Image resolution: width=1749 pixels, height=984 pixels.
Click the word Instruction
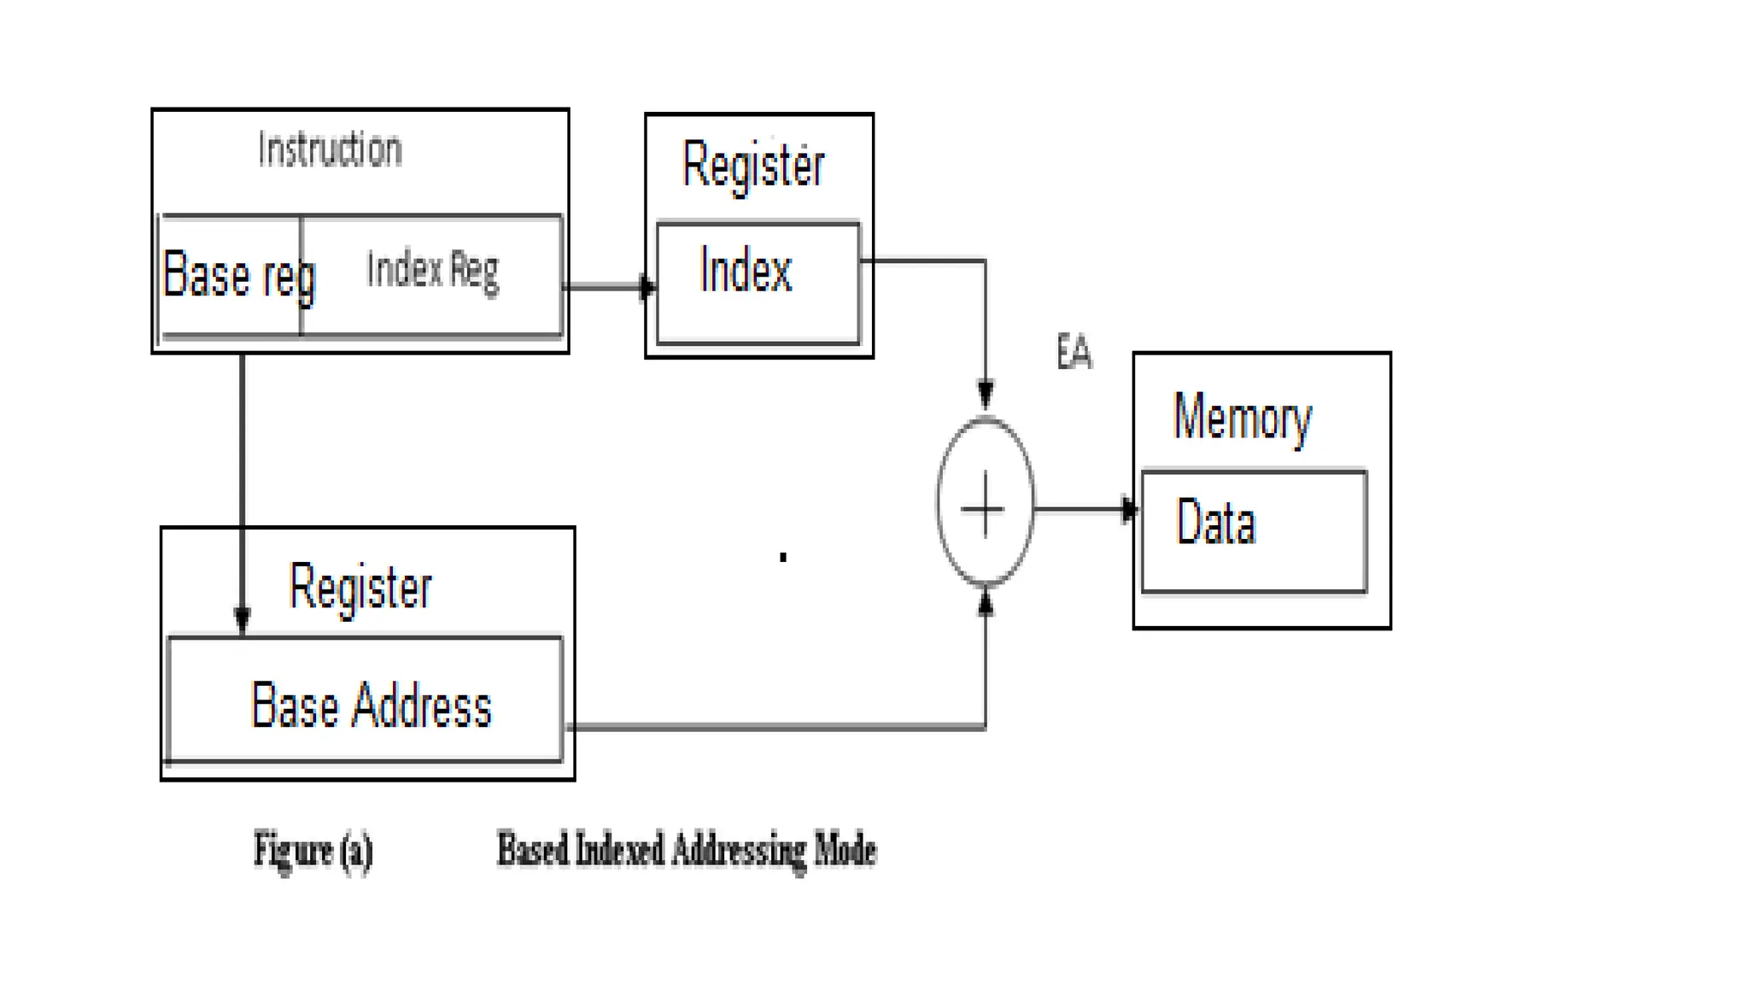(x=330, y=150)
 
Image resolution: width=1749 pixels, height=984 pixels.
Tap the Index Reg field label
(x=432, y=271)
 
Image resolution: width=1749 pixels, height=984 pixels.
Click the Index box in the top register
(x=758, y=282)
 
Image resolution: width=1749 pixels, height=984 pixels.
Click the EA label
(x=1073, y=352)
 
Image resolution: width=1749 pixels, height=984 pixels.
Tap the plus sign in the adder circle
(x=984, y=508)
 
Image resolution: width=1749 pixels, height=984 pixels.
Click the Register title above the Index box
(x=753, y=166)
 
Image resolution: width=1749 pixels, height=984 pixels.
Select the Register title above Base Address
(x=360, y=588)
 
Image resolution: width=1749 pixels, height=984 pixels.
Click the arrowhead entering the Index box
(x=648, y=287)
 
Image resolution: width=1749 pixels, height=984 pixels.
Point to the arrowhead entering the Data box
(x=1129, y=510)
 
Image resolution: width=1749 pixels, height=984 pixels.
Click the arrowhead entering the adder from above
(x=986, y=395)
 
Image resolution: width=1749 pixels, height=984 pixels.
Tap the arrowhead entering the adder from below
(x=986, y=604)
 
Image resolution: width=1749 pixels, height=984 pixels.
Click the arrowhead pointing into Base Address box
(x=243, y=619)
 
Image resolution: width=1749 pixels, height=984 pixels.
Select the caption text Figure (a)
(x=313, y=851)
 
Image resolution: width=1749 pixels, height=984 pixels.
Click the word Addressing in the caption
(x=739, y=851)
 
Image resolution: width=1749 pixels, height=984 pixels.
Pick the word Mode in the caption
(x=845, y=851)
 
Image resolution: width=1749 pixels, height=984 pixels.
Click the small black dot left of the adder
(x=782, y=557)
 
